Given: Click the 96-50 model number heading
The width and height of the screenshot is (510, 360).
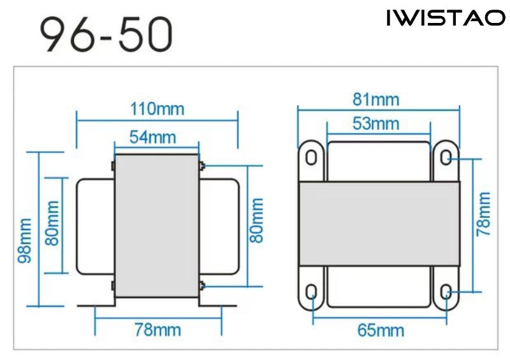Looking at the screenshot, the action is [x=106, y=35].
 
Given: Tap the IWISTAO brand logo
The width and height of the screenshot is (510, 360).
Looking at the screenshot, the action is [x=446, y=18].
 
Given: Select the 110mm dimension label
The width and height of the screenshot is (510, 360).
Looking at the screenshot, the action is [x=157, y=109].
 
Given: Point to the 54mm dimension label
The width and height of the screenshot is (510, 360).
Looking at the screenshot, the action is [x=153, y=137].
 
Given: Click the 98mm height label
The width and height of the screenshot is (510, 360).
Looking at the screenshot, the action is [x=25, y=240].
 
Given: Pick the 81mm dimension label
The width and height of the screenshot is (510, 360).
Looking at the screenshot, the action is [x=375, y=99].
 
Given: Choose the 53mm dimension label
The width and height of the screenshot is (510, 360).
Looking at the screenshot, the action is [x=375, y=124].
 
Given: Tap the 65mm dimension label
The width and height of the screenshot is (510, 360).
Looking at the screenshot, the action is [x=381, y=331].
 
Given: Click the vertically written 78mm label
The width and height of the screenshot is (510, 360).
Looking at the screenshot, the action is [x=483, y=213].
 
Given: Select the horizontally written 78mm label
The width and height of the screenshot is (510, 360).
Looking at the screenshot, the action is [x=157, y=330].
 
